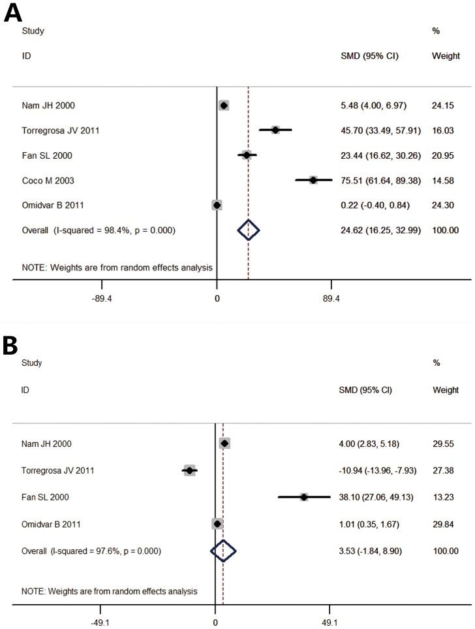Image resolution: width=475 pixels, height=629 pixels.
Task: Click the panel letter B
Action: pos(10,346)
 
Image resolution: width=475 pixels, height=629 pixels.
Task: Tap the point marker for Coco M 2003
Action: pos(313,180)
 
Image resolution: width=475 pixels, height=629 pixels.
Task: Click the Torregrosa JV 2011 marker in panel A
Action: pos(275,130)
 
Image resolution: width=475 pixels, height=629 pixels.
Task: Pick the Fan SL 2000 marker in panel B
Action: pos(304,497)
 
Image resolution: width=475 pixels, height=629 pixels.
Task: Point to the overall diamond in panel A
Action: pos(248,230)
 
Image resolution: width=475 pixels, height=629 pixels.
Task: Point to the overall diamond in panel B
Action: pos(223,551)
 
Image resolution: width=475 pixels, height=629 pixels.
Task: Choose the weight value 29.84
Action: pos(444,524)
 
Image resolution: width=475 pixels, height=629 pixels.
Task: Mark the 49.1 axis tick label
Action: pos(329,621)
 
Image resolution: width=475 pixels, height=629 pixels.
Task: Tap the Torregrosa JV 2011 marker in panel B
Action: pos(189,470)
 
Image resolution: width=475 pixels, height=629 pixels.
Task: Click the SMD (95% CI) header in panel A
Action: pos(365,56)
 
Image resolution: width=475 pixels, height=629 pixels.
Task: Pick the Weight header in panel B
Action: pos(446,390)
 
